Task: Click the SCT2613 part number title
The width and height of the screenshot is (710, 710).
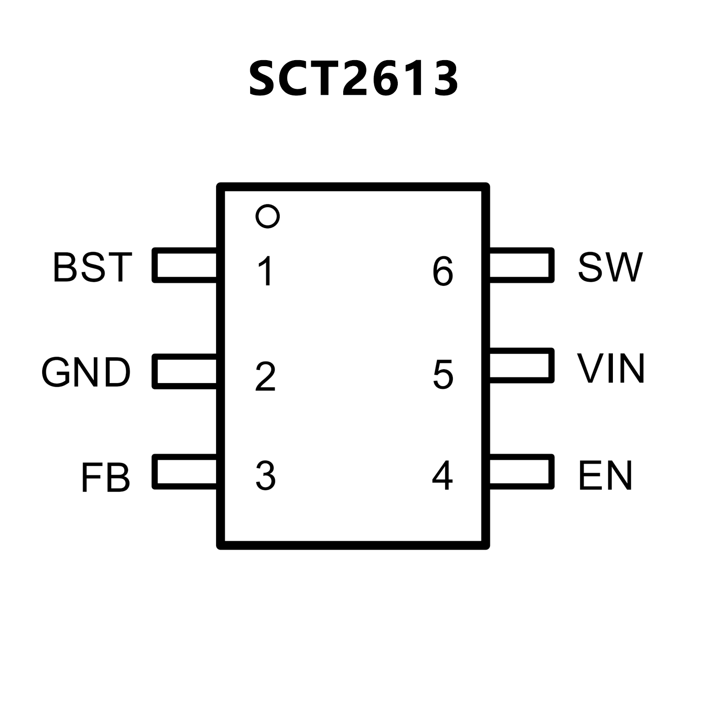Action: tap(354, 79)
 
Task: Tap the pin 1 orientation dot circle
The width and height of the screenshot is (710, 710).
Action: tap(267, 216)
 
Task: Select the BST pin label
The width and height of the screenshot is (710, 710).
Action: tap(93, 267)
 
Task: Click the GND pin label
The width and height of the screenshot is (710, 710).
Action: tap(86, 372)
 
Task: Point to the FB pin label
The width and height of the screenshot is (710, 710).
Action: tap(105, 477)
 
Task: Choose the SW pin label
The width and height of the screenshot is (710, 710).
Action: tap(610, 267)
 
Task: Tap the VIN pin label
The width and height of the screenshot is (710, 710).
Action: tap(611, 369)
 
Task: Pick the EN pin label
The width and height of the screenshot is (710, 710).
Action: tap(605, 475)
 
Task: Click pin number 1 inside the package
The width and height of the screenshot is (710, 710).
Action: tap(266, 272)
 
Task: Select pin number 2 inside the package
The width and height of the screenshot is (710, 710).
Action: tap(265, 377)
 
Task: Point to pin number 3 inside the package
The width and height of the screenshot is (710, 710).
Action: tap(265, 475)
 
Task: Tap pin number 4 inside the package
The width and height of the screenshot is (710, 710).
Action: tap(442, 475)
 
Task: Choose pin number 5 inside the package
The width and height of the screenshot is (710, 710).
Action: tap(443, 374)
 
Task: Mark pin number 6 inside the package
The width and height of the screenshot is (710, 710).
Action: tap(443, 272)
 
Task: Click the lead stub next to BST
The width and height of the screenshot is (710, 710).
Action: tap(185, 265)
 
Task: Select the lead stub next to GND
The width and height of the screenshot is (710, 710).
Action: tap(185, 371)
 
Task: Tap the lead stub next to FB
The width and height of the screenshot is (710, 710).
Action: tap(185, 471)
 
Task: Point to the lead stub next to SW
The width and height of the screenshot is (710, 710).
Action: tap(521, 265)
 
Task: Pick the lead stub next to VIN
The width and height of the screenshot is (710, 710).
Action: tap(521, 365)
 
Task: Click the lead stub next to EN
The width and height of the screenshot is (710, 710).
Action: tap(521, 471)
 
